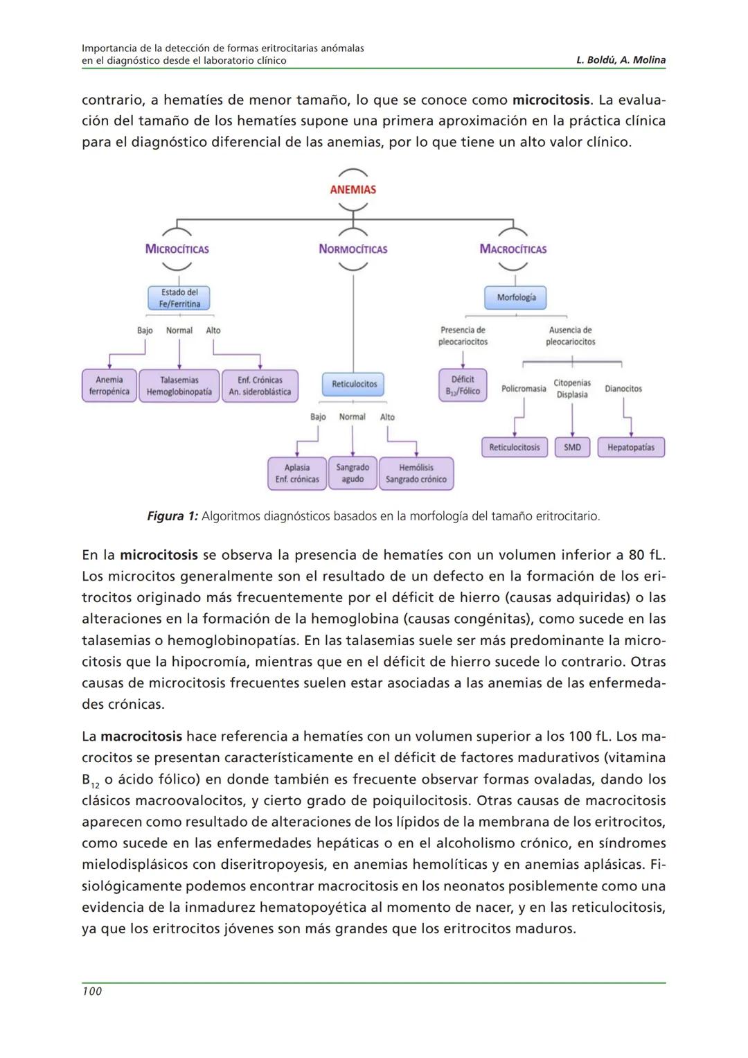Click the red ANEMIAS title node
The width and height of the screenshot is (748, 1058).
point(353,190)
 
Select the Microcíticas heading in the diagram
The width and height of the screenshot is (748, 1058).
point(177,249)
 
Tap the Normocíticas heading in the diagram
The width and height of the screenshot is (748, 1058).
point(353,249)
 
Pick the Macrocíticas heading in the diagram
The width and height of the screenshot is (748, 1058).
point(513,249)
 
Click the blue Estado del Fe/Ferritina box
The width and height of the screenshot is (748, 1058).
point(179,299)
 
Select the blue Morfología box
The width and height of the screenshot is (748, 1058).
point(516,298)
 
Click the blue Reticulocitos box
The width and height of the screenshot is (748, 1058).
point(354,384)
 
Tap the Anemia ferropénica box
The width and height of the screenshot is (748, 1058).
point(109,386)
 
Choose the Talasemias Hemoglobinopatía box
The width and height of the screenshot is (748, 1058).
point(179,386)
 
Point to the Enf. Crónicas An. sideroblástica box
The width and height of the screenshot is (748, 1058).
point(260,386)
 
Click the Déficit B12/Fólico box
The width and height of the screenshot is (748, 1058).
point(463,385)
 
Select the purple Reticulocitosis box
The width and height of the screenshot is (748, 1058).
point(514,448)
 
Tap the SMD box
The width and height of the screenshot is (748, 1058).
point(572,448)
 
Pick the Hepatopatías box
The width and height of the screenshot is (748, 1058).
point(631,448)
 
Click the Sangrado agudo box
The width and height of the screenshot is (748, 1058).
point(353,473)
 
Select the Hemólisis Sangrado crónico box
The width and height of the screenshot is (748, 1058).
point(416,473)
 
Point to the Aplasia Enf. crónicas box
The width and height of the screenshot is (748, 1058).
point(297,473)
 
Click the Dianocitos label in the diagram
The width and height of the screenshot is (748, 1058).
point(623,389)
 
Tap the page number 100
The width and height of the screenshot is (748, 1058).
point(92,991)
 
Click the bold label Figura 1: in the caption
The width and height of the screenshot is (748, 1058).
point(172,516)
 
